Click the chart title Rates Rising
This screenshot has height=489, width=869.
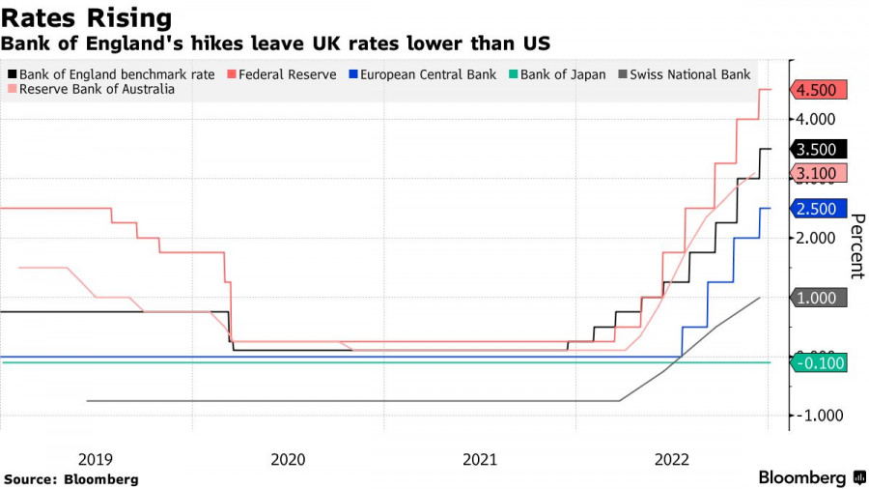click(87, 18)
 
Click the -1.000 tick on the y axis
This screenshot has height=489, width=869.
click(820, 416)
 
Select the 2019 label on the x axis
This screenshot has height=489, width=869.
click(96, 459)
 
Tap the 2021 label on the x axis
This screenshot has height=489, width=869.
click(480, 459)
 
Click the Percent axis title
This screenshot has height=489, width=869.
click(855, 245)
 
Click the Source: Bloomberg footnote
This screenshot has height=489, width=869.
click(71, 479)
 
